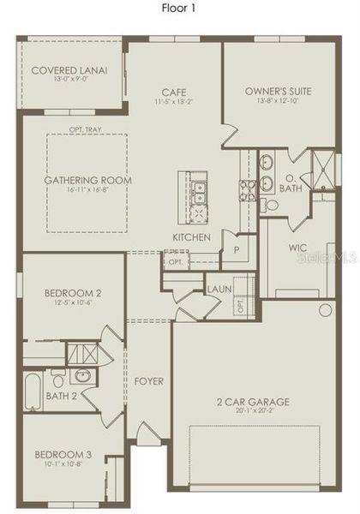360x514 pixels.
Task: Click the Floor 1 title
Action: (180, 9)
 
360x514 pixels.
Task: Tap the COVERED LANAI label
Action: (69, 69)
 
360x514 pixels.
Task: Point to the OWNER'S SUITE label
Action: (278, 90)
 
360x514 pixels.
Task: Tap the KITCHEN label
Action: (191, 236)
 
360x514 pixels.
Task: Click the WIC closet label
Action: (297, 248)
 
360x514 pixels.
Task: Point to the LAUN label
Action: (218, 290)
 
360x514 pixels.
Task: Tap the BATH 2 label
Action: (62, 396)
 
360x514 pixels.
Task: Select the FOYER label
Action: (149, 380)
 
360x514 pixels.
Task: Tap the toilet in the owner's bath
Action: (271, 204)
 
